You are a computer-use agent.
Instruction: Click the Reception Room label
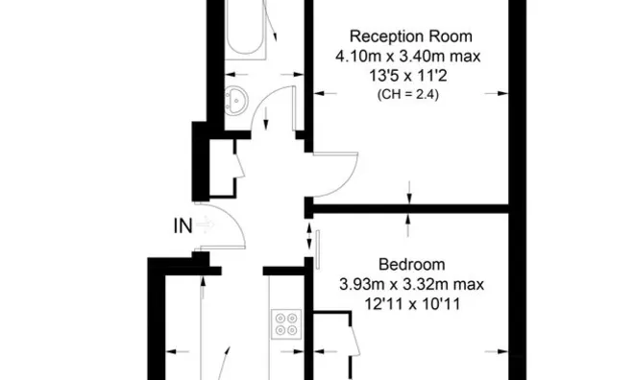(410, 36)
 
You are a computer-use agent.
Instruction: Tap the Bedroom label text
(412, 265)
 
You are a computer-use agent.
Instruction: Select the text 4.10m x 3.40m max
(408, 57)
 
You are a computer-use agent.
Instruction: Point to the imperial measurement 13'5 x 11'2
(408, 76)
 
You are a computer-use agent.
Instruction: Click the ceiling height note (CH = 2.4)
(408, 95)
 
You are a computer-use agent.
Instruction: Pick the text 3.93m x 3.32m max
(411, 284)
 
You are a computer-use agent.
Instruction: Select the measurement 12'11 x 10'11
(412, 304)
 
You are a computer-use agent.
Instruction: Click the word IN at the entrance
(183, 226)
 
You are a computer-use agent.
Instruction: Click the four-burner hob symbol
(286, 324)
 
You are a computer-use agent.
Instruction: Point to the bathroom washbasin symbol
(236, 101)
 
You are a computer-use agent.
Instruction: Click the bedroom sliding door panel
(318, 249)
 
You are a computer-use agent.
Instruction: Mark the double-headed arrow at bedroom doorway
(309, 236)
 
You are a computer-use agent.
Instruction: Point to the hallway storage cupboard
(222, 168)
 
